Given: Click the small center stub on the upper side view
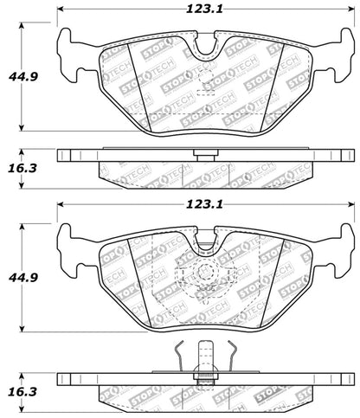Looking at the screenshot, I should coord(205,157).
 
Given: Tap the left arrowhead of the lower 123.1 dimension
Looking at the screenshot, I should coord(61,205).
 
